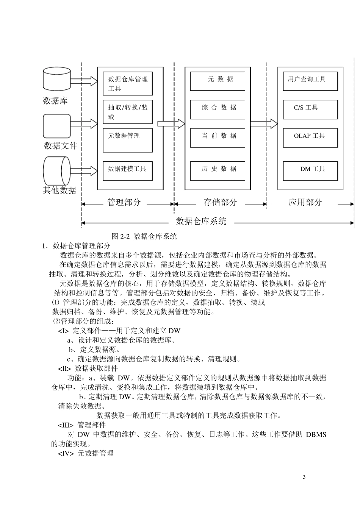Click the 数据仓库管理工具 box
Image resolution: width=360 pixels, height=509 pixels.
tap(128, 84)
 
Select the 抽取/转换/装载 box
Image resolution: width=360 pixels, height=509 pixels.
tap(128, 112)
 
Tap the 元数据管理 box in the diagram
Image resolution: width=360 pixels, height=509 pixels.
tap(128, 140)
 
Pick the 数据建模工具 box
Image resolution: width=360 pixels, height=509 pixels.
tap(128, 171)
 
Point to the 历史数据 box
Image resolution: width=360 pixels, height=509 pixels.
tap(218, 171)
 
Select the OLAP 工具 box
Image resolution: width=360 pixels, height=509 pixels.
tap(310, 137)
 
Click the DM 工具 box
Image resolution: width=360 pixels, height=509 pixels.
tap(310, 171)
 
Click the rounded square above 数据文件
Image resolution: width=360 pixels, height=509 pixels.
tap(57, 126)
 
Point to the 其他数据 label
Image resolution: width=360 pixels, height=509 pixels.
tap(60, 190)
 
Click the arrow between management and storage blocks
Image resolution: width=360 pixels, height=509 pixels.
tap(171, 123)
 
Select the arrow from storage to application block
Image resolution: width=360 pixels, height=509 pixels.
tap(264, 123)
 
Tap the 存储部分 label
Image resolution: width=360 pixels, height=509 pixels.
tap(221, 202)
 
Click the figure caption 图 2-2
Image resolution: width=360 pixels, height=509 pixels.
tap(144, 237)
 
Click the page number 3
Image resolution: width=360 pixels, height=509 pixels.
tap(304, 477)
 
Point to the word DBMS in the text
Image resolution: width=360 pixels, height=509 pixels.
tap(316, 434)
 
